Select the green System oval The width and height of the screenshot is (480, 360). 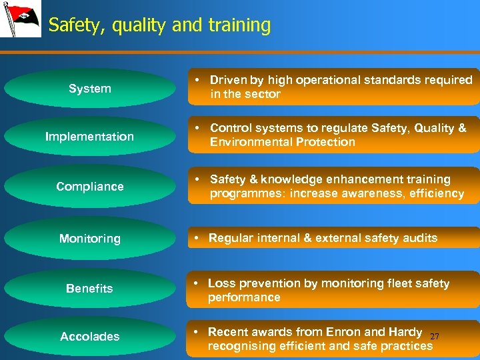[89, 89]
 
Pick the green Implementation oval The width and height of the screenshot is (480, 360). [89, 137]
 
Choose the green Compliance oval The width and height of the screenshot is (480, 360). [89, 187]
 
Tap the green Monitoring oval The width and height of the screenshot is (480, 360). [89, 239]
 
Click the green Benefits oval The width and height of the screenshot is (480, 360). [89, 289]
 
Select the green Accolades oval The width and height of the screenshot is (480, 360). [89, 337]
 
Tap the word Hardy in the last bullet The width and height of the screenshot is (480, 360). [405, 332]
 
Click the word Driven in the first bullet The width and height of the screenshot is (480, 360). [227, 80]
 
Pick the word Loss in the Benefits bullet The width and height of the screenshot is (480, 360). [220, 283]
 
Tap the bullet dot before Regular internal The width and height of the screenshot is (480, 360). [198, 238]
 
